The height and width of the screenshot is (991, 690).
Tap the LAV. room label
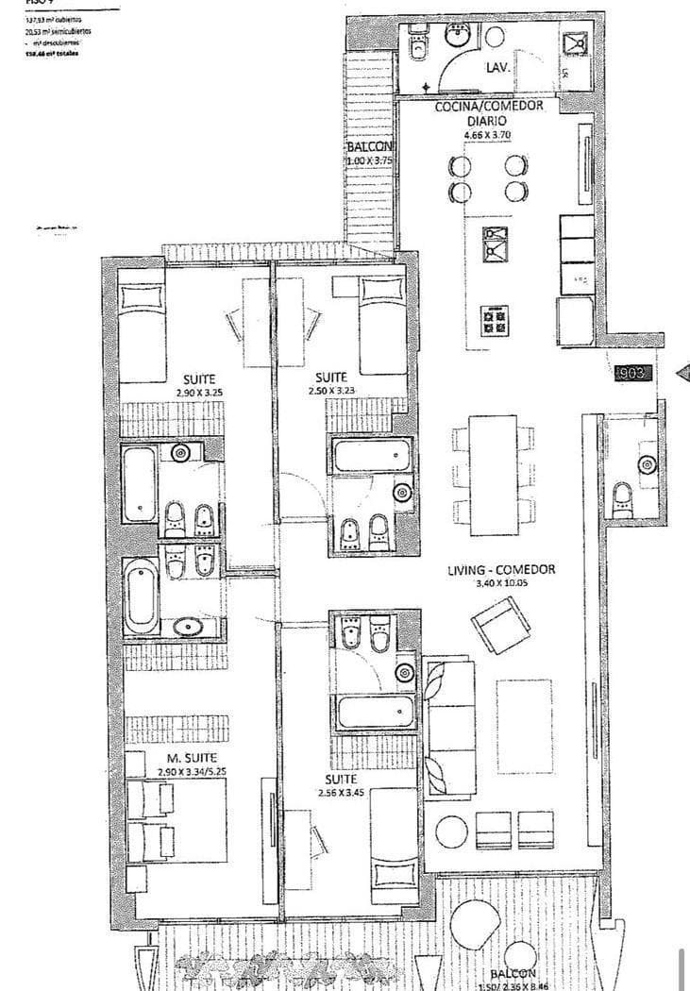tap(498, 68)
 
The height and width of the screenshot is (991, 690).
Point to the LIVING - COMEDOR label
tap(500, 570)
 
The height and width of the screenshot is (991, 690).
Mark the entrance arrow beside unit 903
tap(682, 374)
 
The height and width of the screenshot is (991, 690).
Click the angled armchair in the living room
tap(500, 624)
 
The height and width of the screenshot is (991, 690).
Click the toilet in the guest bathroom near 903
tap(623, 498)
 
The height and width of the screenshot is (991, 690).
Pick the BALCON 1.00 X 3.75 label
tap(368, 154)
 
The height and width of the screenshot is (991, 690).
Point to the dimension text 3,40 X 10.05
tap(500, 584)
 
